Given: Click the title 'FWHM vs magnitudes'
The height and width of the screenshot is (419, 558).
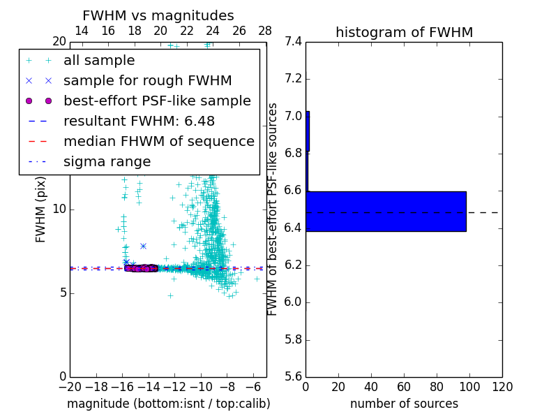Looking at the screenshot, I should [x=158, y=15].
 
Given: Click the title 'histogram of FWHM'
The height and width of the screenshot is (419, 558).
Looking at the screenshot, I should [x=404, y=32].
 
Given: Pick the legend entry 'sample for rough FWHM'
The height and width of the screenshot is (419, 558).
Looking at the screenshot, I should [x=147, y=80].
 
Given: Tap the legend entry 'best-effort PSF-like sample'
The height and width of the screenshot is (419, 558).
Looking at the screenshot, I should [x=157, y=101].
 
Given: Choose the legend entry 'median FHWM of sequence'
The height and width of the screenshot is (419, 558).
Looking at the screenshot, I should [x=158, y=141].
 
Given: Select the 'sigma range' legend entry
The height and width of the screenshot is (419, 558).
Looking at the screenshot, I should [x=107, y=161].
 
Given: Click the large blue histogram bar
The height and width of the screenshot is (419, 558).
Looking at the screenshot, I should [x=386, y=211].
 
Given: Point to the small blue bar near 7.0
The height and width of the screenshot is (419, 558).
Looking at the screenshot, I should [x=308, y=131].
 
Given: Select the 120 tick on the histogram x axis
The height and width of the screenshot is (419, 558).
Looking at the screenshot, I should [x=502, y=387].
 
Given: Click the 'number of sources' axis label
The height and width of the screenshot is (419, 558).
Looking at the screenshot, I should [x=404, y=404].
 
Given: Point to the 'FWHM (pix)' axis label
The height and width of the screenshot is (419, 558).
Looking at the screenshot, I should [x=41, y=209].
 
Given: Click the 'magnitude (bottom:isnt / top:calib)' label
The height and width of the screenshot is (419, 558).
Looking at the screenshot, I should [x=168, y=404].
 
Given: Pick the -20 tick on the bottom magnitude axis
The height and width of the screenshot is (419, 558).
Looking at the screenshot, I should [x=70, y=387].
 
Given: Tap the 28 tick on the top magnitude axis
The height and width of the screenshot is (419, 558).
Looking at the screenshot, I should [x=265, y=31].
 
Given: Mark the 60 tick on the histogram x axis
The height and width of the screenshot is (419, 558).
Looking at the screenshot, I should [x=404, y=387].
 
